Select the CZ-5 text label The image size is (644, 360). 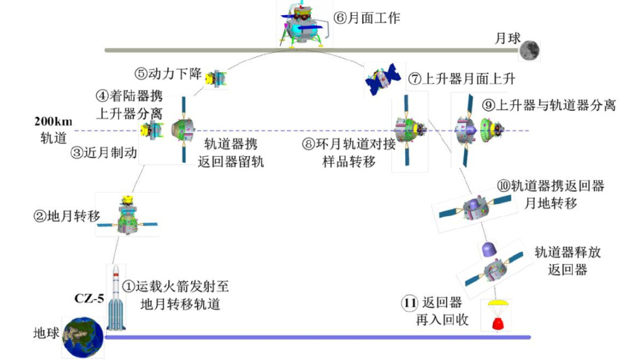pyautogui.click(x=89, y=298)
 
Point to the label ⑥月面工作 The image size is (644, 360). pyautogui.click(x=367, y=18)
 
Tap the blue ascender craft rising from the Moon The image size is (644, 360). pyautogui.click(x=382, y=78)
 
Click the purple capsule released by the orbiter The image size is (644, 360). pyautogui.click(x=489, y=250)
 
